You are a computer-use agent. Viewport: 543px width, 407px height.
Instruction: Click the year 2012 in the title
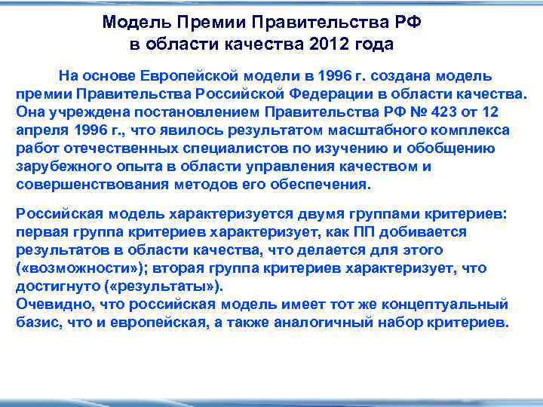click(x=329, y=44)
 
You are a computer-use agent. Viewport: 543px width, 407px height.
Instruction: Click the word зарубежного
click(x=61, y=167)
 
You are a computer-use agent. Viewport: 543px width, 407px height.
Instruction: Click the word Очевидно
click(x=49, y=305)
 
